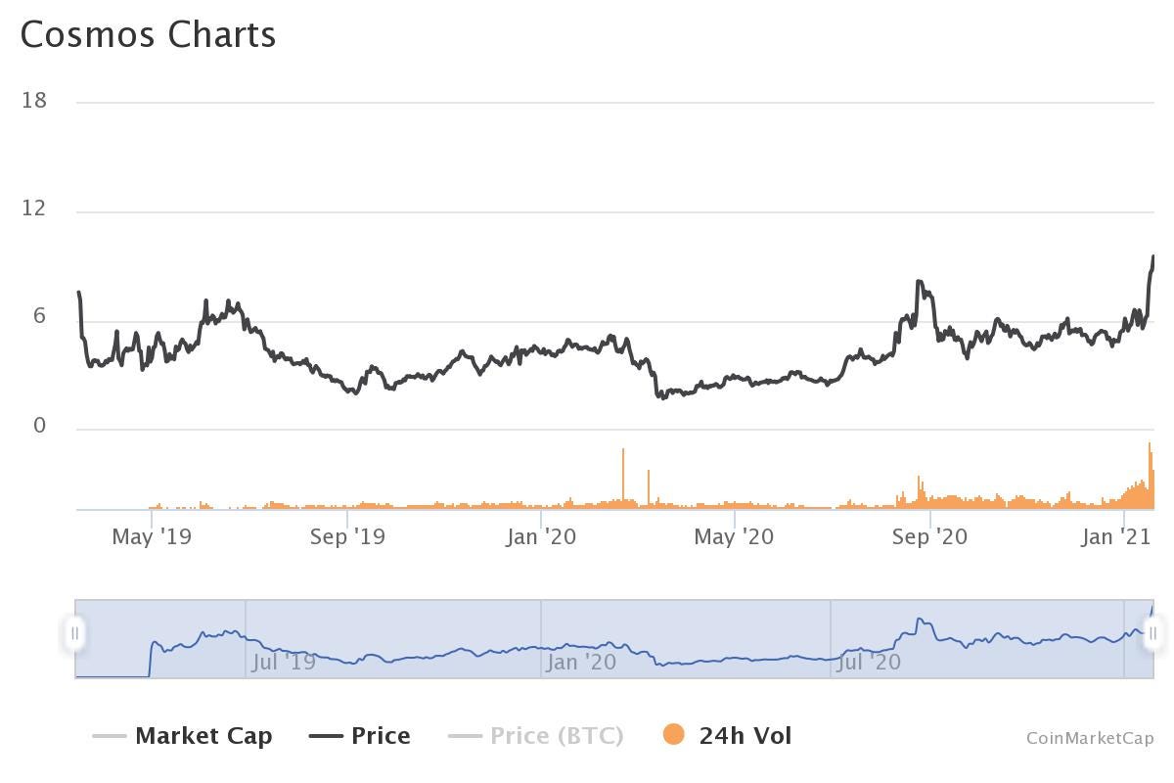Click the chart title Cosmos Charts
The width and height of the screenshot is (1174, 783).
coord(148,35)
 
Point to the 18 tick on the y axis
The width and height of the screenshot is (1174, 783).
coord(34,101)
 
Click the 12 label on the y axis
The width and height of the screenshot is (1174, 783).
coord(34,209)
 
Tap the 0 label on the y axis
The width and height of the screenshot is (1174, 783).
coord(40,426)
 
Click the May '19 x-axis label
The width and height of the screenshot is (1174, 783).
coord(152,536)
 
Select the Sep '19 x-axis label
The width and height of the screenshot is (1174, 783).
coord(347,536)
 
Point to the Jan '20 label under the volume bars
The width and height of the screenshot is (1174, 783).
coord(541,536)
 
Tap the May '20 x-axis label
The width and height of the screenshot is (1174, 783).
coord(734,536)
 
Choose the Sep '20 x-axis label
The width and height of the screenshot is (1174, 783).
coord(929,536)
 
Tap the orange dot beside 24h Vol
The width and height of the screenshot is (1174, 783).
coord(673,735)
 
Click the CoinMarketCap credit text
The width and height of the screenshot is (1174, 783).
coord(1090,738)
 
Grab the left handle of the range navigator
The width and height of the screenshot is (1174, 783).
coord(74,633)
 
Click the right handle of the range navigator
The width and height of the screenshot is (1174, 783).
coord(1152,633)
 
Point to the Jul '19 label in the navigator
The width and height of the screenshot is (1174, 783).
coord(284,663)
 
